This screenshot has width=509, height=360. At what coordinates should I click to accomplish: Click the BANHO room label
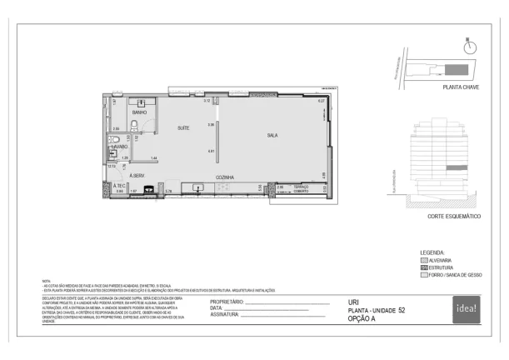[x=139, y=112]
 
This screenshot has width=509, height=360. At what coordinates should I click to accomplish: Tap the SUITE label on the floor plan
[x=183, y=127]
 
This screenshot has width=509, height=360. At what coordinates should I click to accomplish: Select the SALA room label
[x=272, y=134]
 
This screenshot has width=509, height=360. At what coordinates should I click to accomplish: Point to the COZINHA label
[x=224, y=177]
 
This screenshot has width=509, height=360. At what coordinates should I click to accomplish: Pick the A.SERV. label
[x=137, y=175]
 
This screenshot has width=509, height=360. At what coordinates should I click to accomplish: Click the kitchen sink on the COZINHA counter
[x=197, y=187]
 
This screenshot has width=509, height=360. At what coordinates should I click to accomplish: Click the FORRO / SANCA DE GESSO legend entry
[x=455, y=274]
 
